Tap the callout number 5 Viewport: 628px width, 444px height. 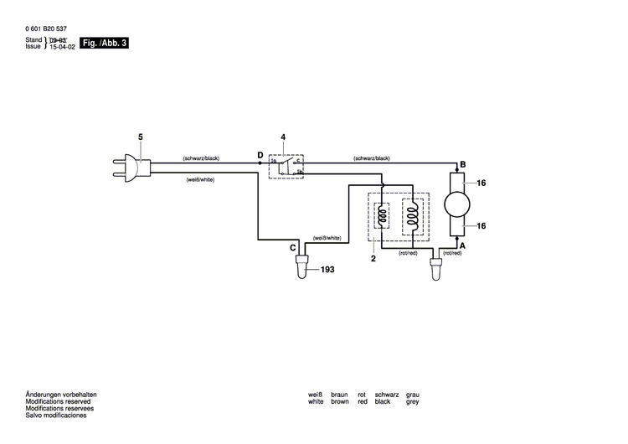click(x=140, y=137)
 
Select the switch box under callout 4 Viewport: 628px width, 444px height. click(x=286, y=167)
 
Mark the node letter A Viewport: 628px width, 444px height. click(x=462, y=244)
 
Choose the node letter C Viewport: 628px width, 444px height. click(x=293, y=248)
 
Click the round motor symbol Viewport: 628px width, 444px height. click(x=457, y=204)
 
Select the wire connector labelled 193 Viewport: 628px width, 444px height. click(x=301, y=270)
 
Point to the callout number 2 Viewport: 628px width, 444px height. click(x=374, y=259)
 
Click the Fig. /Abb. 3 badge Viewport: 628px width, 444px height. click(x=104, y=42)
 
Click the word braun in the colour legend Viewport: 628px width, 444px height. click(x=339, y=395)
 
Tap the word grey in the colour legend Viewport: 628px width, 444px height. click(x=413, y=402)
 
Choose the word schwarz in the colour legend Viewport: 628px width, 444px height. click(x=387, y=395)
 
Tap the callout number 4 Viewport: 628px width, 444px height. click(x=283, y=137)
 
